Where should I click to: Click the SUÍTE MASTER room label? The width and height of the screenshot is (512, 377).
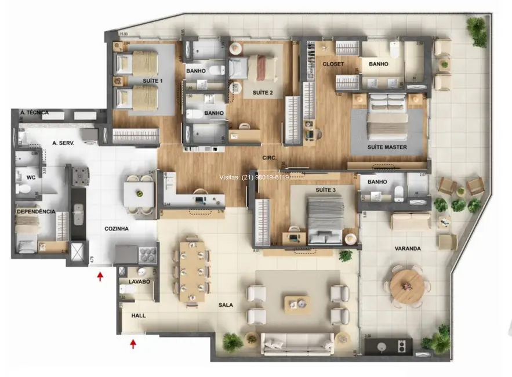pos(387,147)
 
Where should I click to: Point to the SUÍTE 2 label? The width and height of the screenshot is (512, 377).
pos(263,93)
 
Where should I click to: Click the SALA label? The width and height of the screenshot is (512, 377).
pos(227,304)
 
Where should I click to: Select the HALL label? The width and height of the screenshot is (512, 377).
pos(139,316)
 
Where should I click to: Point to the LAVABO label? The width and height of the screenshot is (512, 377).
pos(140,281)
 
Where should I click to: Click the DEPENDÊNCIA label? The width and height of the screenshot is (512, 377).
pos(35,212)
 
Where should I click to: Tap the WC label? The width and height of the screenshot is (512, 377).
pos(31,179)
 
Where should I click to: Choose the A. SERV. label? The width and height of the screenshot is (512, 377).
pos(62,143)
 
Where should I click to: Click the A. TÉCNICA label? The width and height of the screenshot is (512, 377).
pos(34,113)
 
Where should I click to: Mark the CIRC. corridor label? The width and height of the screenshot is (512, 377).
pos(269,157)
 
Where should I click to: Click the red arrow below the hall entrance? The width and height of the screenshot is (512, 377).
pos(133,344)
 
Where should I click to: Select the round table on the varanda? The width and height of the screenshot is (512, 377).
pos(408,284)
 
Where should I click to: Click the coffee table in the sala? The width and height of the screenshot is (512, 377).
pos(296,303)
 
